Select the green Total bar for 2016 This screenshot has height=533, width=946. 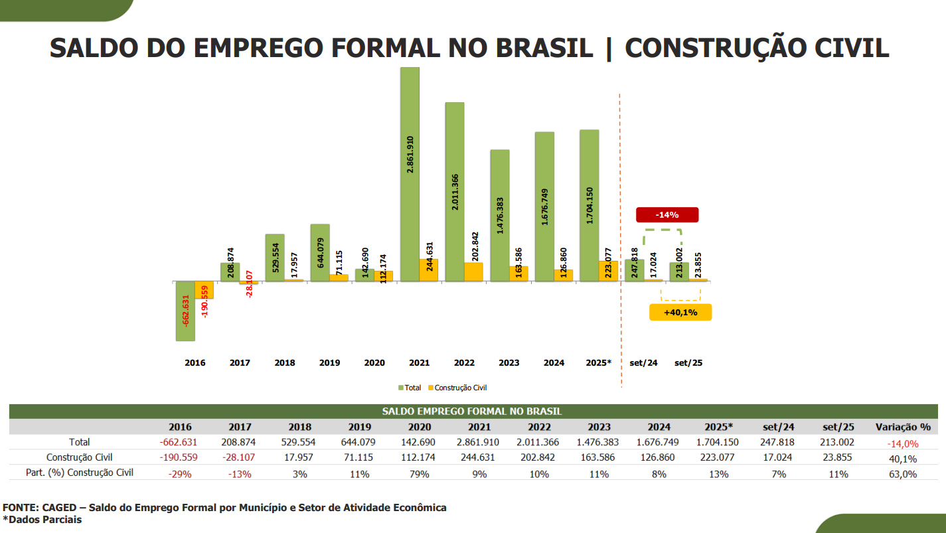185,311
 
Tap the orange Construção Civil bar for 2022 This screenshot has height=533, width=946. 473,272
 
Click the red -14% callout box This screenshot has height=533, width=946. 667,214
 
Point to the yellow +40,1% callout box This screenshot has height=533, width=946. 680,312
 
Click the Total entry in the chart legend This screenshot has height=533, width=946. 410,388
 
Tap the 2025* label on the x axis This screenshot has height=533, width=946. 598,363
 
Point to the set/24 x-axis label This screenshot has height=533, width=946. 643,363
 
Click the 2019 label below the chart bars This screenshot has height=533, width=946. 329,363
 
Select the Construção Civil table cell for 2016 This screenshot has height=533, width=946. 180,457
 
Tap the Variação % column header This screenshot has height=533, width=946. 903,427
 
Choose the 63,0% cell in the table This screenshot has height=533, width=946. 904,474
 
